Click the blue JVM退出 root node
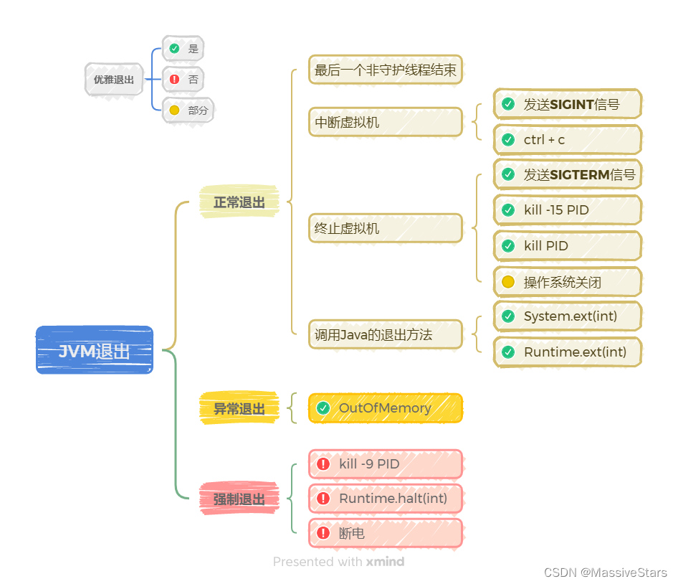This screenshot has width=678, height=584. point(95,350)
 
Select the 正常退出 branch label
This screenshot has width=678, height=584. point(239,202)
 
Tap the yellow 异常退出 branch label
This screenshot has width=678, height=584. point(239,409)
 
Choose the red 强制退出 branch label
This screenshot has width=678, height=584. point(239,499)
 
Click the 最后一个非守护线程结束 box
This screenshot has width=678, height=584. point(386,70)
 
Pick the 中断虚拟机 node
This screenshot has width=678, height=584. point(386,122)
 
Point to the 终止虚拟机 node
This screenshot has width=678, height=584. point(386,228)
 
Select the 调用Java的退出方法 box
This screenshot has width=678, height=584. point(386,334)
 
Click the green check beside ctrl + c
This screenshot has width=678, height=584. point(508,140)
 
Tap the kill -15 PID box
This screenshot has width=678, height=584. point(567,210)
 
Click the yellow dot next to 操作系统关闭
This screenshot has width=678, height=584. point(508,282)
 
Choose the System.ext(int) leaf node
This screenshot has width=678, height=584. point(567,316)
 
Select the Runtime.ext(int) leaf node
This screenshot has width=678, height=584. point(567,352)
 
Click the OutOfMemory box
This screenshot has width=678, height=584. point(386,408)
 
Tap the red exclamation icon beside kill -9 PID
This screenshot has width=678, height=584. point(323,464)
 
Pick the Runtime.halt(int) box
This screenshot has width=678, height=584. point(386,498)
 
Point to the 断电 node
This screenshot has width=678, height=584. point(386,533)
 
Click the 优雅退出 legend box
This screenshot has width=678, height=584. point(113,80)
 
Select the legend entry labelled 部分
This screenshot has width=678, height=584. point(188,110)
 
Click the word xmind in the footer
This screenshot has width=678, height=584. point(385,562)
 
